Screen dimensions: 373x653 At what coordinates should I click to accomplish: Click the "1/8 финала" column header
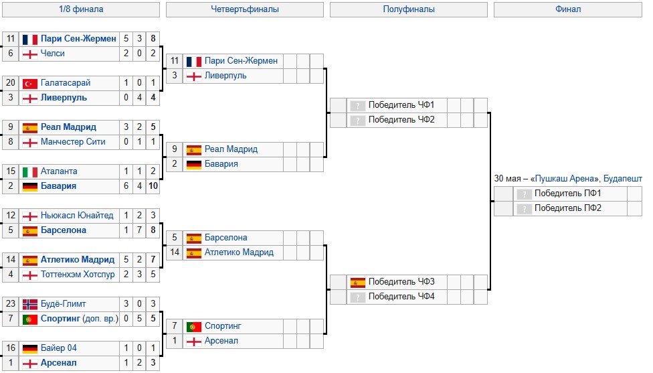click(x=81, y=9)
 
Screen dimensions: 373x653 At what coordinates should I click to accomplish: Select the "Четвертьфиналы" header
click(x=245, y=9)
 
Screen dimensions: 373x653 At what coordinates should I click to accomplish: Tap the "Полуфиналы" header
click(x=409, y=9)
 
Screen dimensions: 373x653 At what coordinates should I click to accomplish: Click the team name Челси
click(x=53, y=54)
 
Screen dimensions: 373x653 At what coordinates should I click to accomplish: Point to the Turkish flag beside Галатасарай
click(x=29, y=83)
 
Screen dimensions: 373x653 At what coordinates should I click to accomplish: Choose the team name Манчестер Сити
click(x=73, y=142)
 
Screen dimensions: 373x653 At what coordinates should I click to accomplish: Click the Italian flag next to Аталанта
click(x=29, y=171)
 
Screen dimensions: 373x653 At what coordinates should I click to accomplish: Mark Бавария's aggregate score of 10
click(x=154, y=186)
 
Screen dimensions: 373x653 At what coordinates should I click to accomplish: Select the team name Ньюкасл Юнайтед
click(x=77, y=216)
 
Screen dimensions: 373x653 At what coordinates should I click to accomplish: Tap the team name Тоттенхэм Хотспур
click(x=78, y=275)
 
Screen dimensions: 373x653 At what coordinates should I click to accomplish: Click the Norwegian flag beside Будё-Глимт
click(x=29, y=304)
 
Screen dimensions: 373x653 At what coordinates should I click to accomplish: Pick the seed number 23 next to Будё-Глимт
click(x=10, y=304)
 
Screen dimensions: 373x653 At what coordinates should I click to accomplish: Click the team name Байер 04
click(x=59, y=348)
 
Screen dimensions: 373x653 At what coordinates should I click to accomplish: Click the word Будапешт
click(x=622, y=179)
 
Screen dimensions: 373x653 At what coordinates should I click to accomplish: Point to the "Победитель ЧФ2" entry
click(x=401, y=120)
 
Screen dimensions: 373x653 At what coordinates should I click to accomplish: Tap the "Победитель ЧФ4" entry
click(x=401, y=297)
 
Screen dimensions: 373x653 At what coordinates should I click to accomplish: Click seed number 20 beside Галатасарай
click(x=10, y=83)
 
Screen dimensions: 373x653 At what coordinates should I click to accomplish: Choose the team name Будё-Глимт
click(x=63, y=304)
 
